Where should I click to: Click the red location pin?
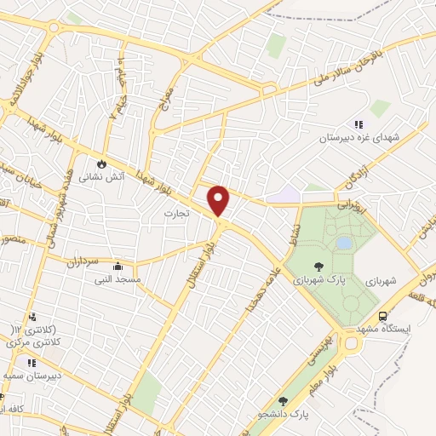pyautogui.click(x=220, y=201)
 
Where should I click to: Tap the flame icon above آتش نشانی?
pyautogui.click(x=102, y=163)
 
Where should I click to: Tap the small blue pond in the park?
pyautogui.click(x=343, y=243)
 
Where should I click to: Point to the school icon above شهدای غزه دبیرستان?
pyautogui.click(x=359, y=124)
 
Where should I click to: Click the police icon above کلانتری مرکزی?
pyautogui.click(x=32, y=316)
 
